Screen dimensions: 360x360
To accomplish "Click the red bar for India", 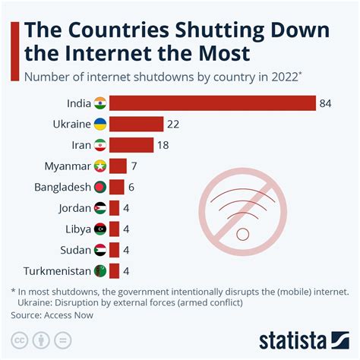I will click(x=213, y=103).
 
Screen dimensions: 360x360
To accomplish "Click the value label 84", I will click(x=327, y=103).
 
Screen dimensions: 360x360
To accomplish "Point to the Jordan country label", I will click(x=74, y=208).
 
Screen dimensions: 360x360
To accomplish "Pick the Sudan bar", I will click(x=115, y=250).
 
